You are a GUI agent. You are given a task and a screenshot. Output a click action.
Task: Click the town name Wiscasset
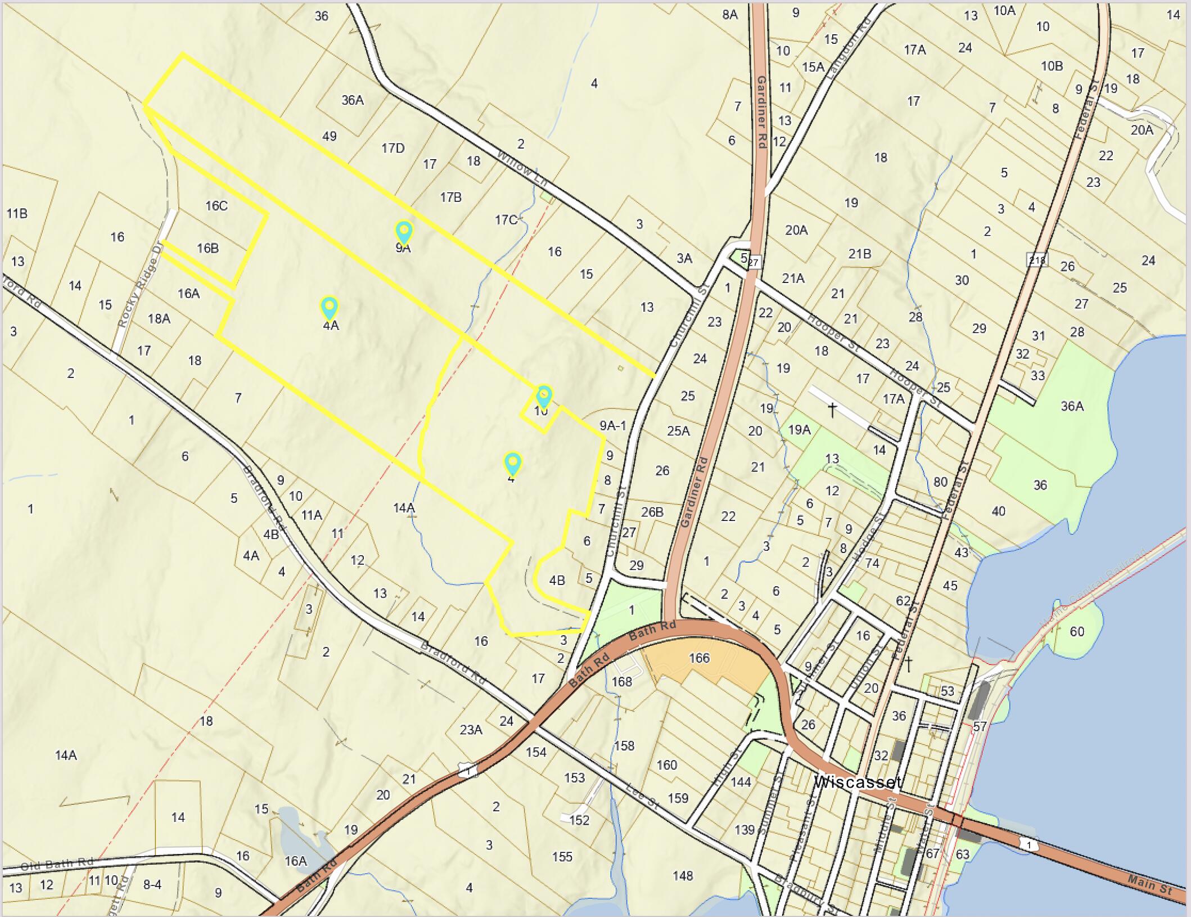pos(858,781)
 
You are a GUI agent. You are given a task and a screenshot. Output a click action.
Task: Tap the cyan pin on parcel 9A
pos(404,231)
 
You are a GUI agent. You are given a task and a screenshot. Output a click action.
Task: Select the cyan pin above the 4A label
pos(329,308)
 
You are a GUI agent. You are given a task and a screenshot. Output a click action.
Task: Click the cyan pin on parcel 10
pos(544,395)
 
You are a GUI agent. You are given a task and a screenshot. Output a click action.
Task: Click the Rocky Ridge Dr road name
pos(140,285)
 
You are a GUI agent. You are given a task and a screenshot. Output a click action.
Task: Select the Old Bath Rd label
pos(57,864)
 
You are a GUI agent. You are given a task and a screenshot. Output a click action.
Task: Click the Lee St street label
pos(643,797)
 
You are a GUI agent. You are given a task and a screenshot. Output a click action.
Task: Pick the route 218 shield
pos(1037,259)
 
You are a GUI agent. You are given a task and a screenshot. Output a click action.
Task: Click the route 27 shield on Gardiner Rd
pos(754,262)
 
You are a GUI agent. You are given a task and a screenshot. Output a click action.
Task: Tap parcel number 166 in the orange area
pos(699,658)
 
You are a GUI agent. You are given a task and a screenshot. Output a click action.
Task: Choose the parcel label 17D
pos(393,148)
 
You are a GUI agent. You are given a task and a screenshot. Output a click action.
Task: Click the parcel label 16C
pos(216,206)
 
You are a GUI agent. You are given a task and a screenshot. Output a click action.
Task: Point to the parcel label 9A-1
pos(612,425)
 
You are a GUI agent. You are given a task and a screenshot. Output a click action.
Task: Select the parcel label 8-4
pos(152,884)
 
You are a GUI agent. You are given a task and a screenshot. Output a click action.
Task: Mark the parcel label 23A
pos(471,730)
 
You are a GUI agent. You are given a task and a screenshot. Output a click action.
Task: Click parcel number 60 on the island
pos(1077,631)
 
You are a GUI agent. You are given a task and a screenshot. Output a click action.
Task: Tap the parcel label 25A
pos(678,431)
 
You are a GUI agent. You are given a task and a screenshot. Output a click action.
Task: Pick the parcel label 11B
pos(17,213)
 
